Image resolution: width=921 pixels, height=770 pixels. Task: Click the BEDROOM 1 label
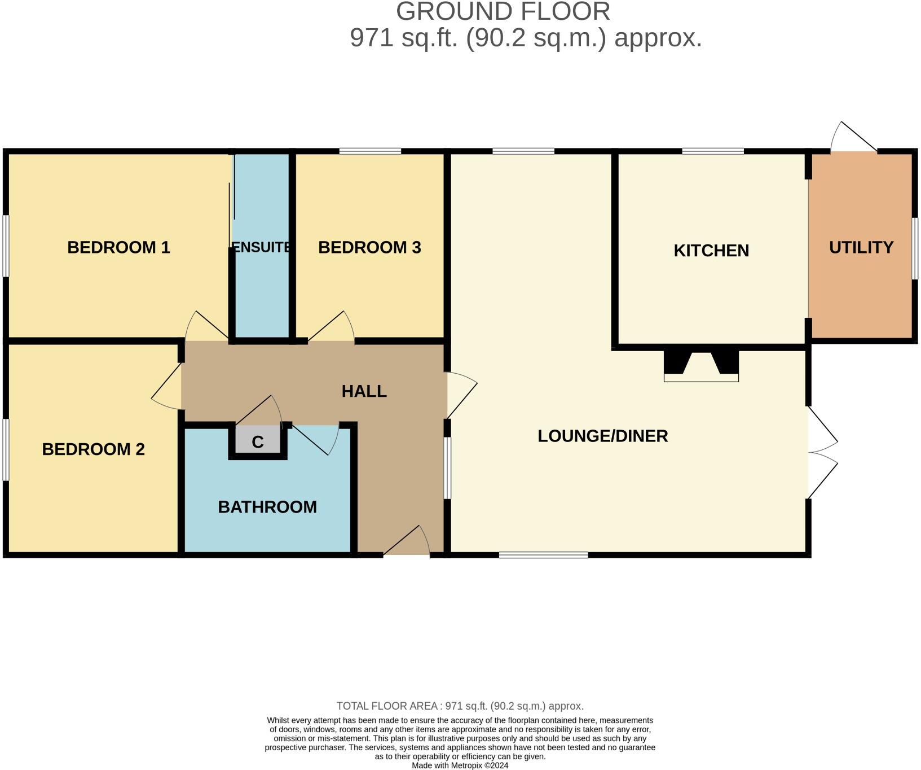[118, 247]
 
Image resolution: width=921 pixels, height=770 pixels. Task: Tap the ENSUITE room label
[262, 247]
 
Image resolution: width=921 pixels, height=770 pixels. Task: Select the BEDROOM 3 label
[369, 247]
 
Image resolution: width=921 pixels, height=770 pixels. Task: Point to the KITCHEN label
[711, 251]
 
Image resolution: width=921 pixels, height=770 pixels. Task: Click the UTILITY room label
[861, 247]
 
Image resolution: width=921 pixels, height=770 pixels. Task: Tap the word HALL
[364, 391]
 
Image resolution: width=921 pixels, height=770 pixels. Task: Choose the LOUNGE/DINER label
[602, 436]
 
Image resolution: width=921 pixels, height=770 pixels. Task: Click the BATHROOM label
[267, 507]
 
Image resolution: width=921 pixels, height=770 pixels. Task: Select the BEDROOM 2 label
[94, 449]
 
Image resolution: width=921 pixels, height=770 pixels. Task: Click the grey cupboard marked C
[258, 440]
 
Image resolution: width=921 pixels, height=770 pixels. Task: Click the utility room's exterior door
[853, 137]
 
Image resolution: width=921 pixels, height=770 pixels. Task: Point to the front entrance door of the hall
[407, 541]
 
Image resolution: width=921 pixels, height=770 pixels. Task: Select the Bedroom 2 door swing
[166, 386]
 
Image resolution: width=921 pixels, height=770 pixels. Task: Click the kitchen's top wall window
[713, 151]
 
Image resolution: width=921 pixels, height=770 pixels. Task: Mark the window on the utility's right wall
[915, 248]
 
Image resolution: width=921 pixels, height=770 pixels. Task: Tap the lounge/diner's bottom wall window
[544, 555]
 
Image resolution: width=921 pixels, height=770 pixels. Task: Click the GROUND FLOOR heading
[503, 11]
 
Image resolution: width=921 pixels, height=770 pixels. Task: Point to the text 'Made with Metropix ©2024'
[460, 765]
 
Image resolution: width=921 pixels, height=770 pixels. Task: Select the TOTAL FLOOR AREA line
[460, 706]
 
